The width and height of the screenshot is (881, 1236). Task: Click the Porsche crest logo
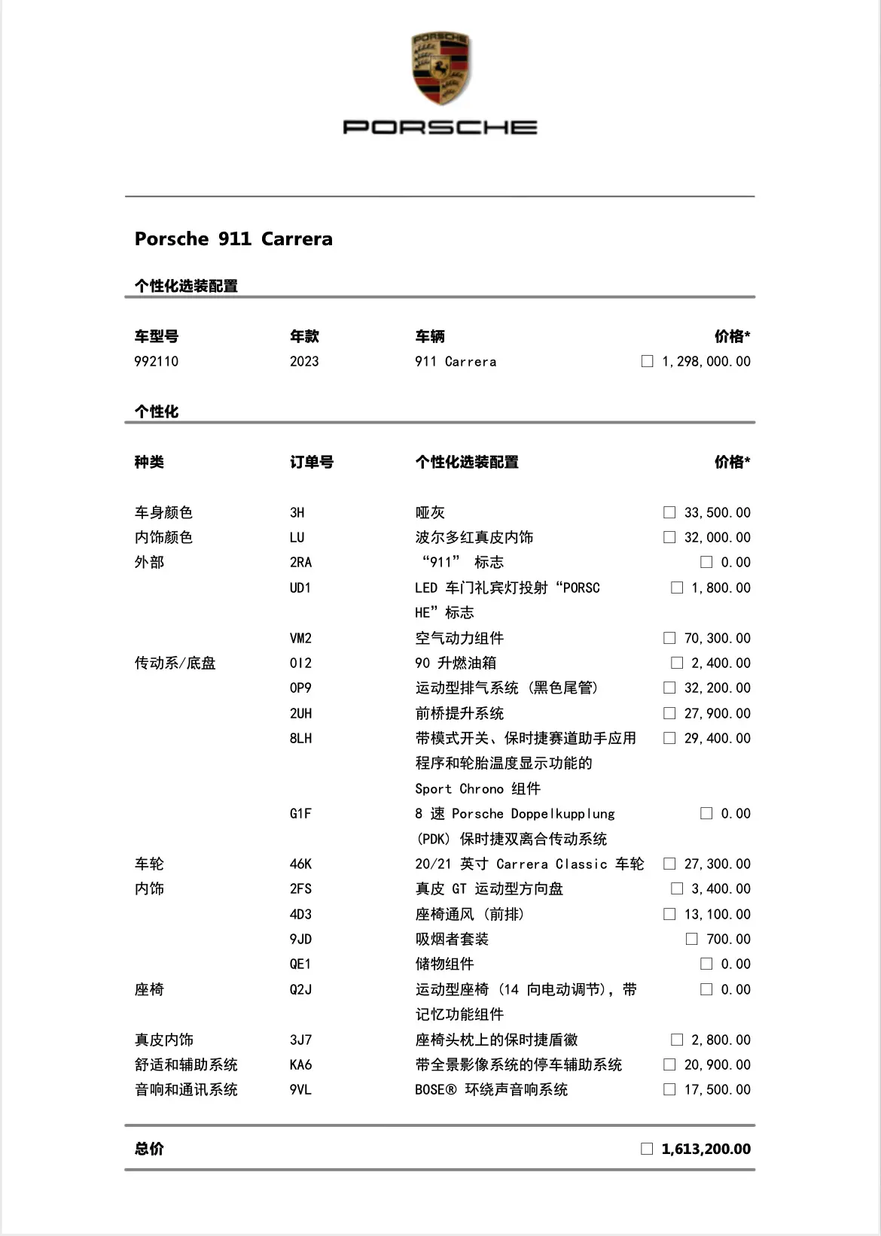pos(440,68)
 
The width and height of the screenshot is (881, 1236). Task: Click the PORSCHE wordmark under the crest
pos(440,127)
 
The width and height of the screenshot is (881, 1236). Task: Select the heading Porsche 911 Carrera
pos(233,239)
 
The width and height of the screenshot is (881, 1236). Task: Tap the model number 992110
pos(157,362)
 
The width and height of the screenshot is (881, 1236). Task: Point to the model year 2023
pos(304,362)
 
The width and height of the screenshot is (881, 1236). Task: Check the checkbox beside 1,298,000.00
pos(647,361)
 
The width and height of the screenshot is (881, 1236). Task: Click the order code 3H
pos(297,513)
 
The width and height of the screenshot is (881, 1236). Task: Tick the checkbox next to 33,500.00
pos(669,512)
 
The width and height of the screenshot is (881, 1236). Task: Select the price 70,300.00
pos(717,639)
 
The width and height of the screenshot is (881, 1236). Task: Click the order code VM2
pos(300,639)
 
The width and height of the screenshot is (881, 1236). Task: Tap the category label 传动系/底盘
pos(175,664)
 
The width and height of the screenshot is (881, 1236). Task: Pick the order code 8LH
pos(300,739)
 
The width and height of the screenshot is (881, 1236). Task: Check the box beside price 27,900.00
pos(669,713)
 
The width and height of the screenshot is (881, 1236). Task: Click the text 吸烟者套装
pos(452,940)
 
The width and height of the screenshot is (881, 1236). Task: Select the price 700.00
pos(728,940)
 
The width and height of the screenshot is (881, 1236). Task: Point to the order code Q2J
pos(300,990)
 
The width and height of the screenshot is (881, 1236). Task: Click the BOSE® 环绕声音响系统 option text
pos(491,1090)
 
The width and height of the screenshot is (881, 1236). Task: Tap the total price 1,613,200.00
pos(706,1149)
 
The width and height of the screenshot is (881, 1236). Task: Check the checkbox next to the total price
pos(647,1149)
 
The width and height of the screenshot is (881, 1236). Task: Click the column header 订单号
pos(312,462)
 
